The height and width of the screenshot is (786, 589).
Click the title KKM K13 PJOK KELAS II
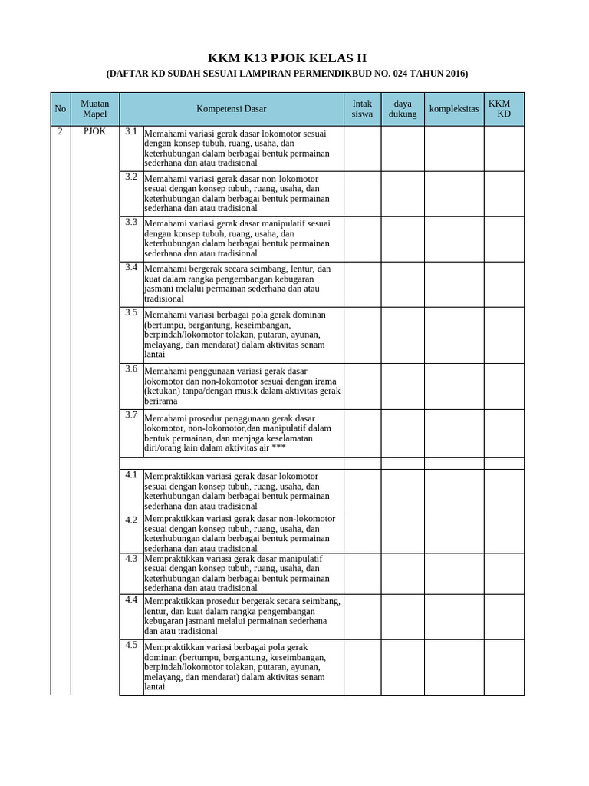287,58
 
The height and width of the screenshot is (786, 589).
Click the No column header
61,109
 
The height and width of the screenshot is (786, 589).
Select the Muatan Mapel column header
95,109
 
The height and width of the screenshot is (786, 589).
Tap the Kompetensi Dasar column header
231,109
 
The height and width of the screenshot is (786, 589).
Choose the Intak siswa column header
362,109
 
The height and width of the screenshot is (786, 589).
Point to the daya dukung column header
403,109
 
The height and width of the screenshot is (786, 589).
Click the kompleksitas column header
453,109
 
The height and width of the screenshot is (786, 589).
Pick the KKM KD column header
503,109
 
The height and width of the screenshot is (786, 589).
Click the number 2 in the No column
61,132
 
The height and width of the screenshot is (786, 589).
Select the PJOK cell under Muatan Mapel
95,132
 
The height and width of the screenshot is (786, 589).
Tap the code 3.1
131,131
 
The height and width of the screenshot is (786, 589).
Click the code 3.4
131,267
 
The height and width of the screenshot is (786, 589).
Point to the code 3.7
131,414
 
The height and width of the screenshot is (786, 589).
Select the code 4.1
131,474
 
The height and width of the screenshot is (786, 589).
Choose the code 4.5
131,645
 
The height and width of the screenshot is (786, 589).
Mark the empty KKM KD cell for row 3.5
503,334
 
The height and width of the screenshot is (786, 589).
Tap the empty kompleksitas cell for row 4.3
453,573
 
